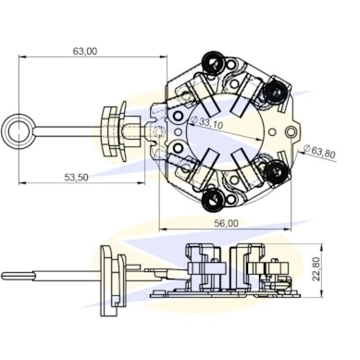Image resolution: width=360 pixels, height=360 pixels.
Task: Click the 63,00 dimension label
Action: (85, 51)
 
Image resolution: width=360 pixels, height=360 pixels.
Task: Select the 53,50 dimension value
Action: (76, 178)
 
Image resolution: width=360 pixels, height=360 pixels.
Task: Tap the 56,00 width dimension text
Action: (227, 223)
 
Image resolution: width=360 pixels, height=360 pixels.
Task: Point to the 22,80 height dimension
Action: (316, 269)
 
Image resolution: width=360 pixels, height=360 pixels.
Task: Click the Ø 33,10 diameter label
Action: (206, 122)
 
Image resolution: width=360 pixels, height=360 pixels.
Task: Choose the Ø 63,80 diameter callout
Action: (319, 152)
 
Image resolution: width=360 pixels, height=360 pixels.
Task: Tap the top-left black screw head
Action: (213, 62)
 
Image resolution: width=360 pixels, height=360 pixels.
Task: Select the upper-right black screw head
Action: (275, 91)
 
